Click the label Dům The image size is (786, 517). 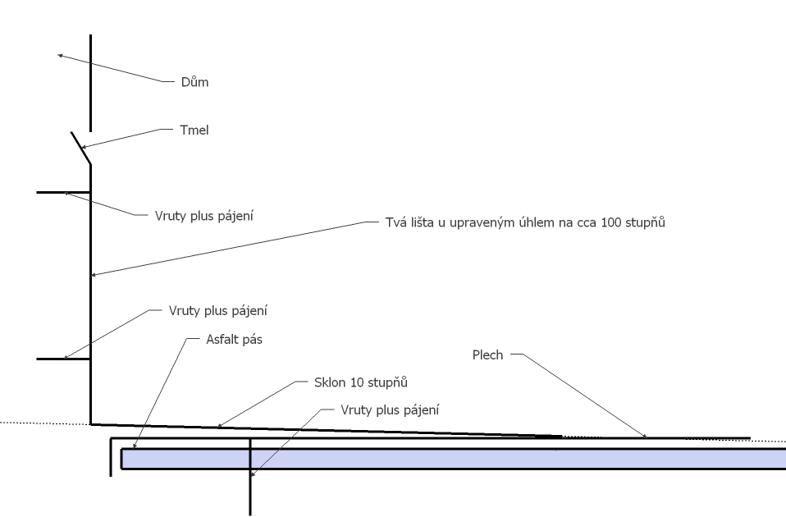coord(190,82)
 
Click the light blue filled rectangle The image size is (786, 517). coord(451,458)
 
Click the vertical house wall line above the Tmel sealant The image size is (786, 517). coord(90,82)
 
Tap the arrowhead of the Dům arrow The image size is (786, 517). coord(59,55)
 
